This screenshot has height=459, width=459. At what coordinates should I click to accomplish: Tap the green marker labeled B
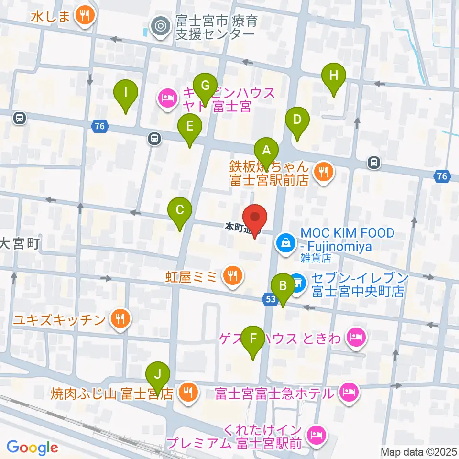point(283,287)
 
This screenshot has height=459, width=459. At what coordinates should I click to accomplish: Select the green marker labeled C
point(180,211)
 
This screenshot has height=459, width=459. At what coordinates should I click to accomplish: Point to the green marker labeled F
point(253,340)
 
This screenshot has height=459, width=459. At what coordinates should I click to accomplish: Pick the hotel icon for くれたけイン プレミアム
point(316,435)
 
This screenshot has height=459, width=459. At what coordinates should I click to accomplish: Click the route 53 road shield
point(269,299)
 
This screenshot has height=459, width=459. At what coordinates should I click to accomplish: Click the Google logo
point(32,448)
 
